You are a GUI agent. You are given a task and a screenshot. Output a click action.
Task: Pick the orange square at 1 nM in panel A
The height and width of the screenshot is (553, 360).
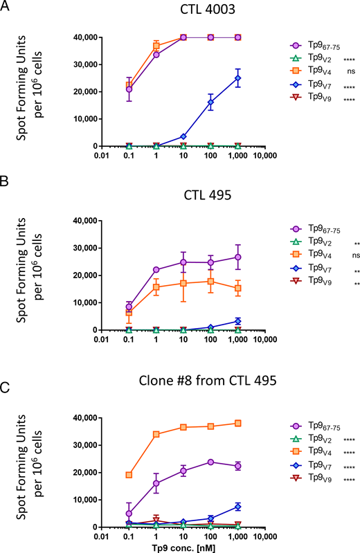tap(156, 46)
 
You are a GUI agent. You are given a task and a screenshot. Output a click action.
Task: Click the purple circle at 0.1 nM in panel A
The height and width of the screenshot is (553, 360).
tap(129, 89)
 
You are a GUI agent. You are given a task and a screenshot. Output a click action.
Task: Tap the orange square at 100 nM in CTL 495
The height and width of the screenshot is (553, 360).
tap(211, 281)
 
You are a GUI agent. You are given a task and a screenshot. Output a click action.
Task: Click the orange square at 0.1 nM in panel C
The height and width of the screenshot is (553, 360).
tap(129, 475)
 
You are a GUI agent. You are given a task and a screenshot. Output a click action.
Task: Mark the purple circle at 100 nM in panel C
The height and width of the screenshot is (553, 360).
tap(211, 462)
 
